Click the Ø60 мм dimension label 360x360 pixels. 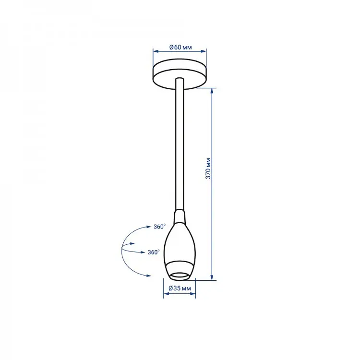pyautogui.click(x=180, y=48)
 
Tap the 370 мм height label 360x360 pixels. pyautogui.click(x=208, y=168)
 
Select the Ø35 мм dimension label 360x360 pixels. pyautogui.click(x=180, y=288)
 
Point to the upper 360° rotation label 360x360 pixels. pyautogui.click(x=159, y=227)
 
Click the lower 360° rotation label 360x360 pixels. pyautogui.click(x=154, y=252)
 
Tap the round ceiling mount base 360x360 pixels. pyautogui.click(x=180, y=74)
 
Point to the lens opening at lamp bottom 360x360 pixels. pyautogui.click(x=180, y=276)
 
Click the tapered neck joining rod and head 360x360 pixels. pyautogui.click(x=180, y=216)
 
